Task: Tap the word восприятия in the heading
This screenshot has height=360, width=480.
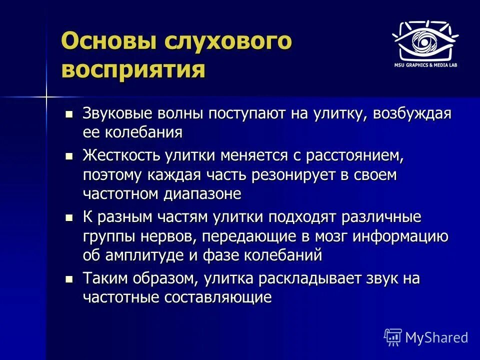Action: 133,69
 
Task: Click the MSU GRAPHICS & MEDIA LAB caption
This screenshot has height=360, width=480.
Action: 424,65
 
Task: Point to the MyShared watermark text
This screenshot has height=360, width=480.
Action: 436,337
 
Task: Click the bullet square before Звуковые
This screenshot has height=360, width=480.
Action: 69,114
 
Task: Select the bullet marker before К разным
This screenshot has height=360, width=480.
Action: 69,218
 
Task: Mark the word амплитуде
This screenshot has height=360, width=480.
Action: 150,255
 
